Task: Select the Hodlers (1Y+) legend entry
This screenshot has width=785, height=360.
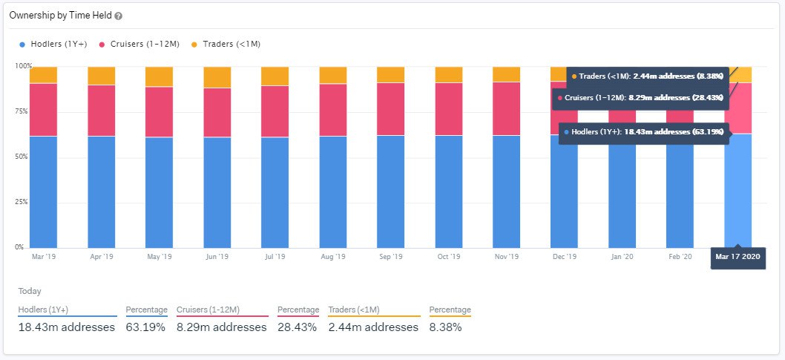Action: pyautogui.click(x=53, y=45)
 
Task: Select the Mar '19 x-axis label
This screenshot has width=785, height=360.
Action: pyautogui.click(x=44, y=257)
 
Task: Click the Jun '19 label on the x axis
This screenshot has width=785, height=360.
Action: pyautogui.click(x=217, y=257)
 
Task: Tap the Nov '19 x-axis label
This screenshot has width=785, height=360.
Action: pyautogui.click(x=506, y=257)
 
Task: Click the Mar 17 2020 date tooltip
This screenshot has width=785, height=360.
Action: pyautogui.click(x=738, y=257)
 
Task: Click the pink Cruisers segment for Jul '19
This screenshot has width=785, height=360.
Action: pyautogui.click(x=275, y=111)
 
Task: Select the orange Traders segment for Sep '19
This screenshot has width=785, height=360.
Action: pyautogui.click(x=390, y=74)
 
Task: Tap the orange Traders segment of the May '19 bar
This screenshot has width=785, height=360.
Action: pyautogui.click(x=159, y=76)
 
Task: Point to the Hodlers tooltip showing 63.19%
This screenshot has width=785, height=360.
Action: pyautogui.click(x=643, y=131)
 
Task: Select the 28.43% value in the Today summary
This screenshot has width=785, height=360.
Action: pyautogui.click(x=298, y=327)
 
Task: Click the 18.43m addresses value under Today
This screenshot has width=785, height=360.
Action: pyautogui.click(x=67, y=327)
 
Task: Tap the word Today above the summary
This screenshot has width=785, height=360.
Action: pyautogui.click(x=30, y=292)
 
